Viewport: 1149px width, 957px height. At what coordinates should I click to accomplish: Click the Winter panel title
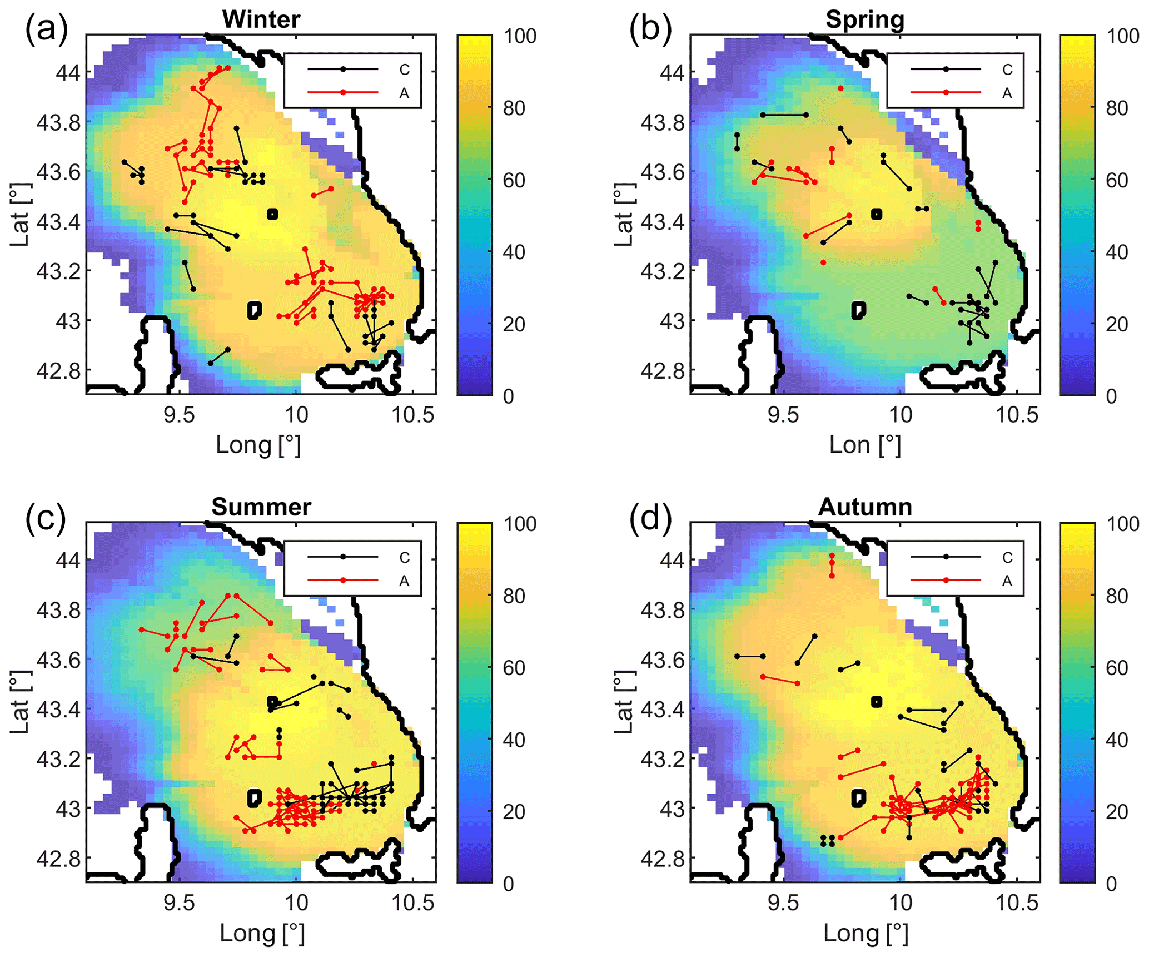(261, 19)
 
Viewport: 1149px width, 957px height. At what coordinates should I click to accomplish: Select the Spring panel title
(864, 19)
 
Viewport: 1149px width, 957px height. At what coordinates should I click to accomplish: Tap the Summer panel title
(261, 507)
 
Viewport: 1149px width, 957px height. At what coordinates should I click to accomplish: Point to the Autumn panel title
(864, 507)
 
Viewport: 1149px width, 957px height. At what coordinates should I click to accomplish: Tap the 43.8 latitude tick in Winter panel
(58, 122)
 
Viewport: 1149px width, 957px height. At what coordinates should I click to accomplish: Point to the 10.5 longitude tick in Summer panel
(412, 903)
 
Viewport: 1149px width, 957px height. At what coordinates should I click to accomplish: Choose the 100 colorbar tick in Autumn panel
(1122, 524)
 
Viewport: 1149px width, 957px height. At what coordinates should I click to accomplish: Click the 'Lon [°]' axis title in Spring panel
(864, 445)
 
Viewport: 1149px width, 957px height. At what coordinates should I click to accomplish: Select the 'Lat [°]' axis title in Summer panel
(20, 702)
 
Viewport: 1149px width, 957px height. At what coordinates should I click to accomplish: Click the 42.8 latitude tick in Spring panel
(662, 371)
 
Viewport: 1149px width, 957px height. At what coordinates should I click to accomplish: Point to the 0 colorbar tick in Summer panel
(508, 884)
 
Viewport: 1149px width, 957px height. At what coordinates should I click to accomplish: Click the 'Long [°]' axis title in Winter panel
(258, 445)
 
